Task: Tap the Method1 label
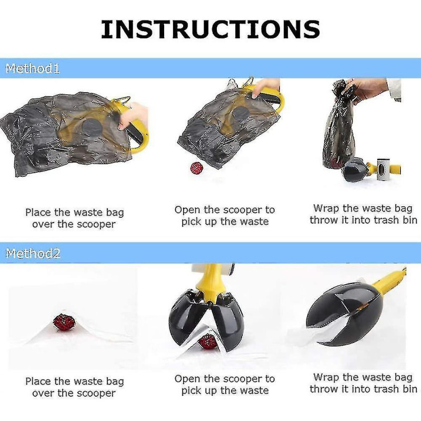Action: tap(33, 68)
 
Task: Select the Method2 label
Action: tap(33, 254)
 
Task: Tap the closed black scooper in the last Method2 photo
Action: tap(342, 316)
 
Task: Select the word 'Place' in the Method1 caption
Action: tap(38, 213)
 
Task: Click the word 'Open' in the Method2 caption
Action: tap(187, 379)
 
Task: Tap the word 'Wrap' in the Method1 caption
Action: tap(325, 208)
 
